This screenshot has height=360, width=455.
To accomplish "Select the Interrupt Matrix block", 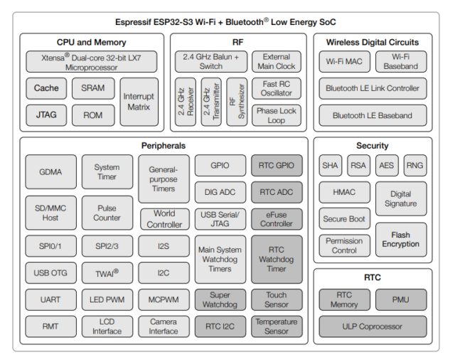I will click(139, 102).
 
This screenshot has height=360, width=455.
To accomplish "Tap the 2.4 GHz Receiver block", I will click(186, 102).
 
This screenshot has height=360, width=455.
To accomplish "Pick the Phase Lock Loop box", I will click(277, 115).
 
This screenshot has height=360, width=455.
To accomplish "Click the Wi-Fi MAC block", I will click(344, 62).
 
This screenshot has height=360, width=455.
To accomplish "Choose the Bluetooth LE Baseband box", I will click(373, 115).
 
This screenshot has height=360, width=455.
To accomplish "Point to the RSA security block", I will click(358, 166).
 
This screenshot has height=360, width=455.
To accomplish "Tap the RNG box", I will click(414, 166).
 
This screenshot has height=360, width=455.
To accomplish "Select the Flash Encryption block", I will click(400, 240).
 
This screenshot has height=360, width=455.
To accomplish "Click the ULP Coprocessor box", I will click(373, 327).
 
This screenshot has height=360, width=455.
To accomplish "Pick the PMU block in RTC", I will click(400, 300).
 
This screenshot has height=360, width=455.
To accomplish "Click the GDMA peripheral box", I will click(50, 172).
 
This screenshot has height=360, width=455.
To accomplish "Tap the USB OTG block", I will click(50, 272).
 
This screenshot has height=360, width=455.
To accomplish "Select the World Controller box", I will click(164, 218).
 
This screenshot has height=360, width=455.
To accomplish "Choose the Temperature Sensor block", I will click(277, 327).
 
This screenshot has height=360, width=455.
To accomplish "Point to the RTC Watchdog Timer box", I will click(277, 259).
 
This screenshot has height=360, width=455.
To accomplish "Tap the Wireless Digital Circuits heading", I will click(372, 42).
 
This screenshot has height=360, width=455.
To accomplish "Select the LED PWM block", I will click(107, 300).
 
